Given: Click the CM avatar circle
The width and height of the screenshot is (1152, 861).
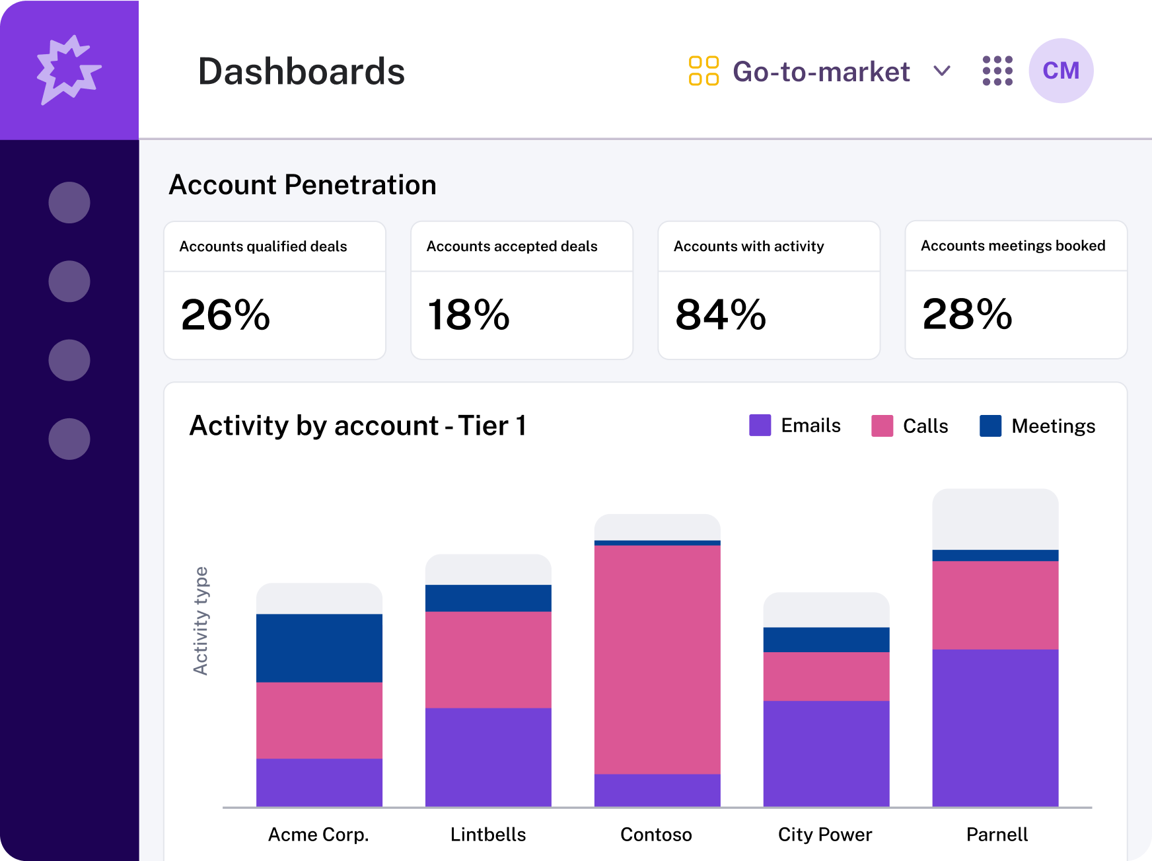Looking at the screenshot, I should point(1061,71).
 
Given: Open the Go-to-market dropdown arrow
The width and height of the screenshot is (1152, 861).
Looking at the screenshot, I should point(942,71).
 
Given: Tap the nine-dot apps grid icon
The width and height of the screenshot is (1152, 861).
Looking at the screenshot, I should point(997,71).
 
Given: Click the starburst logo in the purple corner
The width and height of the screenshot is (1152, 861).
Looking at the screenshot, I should point(68,69).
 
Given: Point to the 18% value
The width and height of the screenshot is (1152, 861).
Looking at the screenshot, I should point(468,315).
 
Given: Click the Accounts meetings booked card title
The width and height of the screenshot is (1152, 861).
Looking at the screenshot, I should point(1013,246).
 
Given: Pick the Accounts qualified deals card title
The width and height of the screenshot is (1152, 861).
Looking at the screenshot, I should point(263,246).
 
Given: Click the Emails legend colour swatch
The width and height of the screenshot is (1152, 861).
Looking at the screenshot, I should point(760,426).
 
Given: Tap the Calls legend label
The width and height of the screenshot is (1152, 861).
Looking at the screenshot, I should point(925,426).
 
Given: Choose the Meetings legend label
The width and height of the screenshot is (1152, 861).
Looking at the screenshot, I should point(1053,426).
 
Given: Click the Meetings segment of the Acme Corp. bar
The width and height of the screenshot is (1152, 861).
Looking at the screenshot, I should point(319,648).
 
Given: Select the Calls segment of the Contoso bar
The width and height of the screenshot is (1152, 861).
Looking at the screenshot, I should point(657,659).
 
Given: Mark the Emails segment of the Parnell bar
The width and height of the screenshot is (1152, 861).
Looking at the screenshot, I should point(995,728).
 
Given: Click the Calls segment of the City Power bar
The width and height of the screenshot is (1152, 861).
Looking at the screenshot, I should point(826,676).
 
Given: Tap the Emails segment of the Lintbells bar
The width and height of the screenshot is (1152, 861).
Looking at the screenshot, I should point(488,757).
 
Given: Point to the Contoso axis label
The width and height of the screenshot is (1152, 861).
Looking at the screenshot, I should point(656,835).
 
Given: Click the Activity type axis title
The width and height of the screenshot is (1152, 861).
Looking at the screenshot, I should point(201,620).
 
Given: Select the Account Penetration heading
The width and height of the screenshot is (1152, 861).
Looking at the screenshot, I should point(303,185).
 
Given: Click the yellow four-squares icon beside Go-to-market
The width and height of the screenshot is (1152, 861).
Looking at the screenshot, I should point(703,71).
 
